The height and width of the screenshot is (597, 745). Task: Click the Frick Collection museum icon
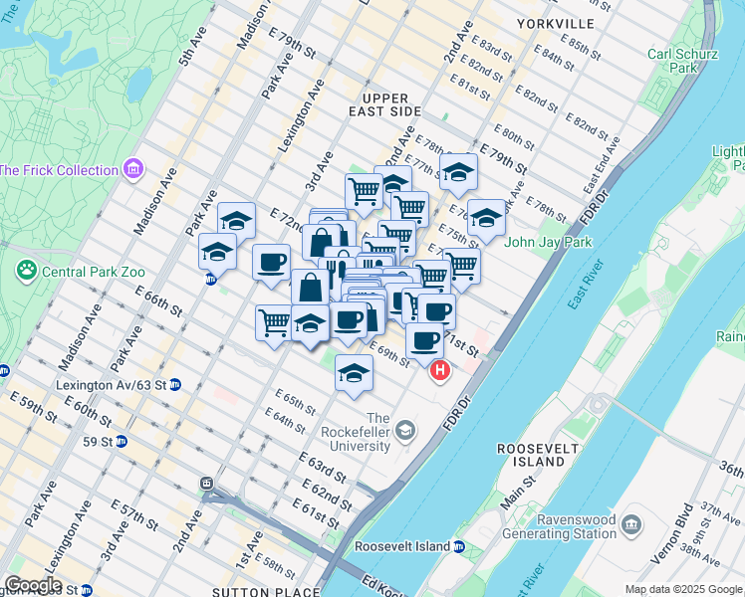[132, 170]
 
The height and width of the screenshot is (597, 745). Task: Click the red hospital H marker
[439, 371]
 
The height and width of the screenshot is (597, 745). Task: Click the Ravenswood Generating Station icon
[630, 524]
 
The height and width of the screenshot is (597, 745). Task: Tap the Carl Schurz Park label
[672, 62]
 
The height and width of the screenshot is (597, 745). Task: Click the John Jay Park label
[549, 242]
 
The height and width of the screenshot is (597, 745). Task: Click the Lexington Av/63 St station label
[112, 384]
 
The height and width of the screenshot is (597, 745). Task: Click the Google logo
[32, 585]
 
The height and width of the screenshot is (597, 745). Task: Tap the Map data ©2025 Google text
[683, 589]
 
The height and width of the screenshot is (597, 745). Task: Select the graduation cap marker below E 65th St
[353, 372]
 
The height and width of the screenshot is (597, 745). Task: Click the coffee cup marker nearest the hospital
[424, 340]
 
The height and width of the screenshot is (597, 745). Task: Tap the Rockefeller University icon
[405, 431]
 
